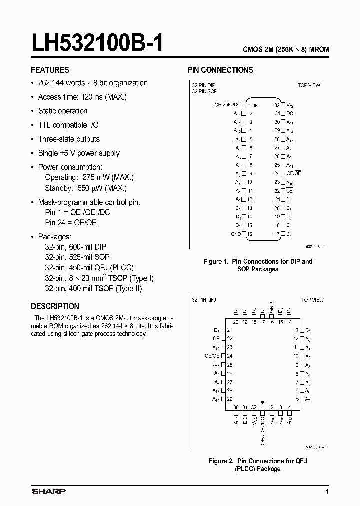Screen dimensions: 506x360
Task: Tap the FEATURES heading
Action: [x=50, y=70]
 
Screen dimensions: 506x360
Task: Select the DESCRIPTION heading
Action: [x=55, y=306]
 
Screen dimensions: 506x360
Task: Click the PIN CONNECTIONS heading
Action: [x=220, y=70]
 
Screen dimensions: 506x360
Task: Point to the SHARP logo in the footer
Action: [x=48, y=492]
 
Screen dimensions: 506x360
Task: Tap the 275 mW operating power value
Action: [x=95, y=177]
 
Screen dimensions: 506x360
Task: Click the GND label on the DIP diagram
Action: [x=236, y=234]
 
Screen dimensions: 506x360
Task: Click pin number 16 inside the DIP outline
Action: [x=249, y=234]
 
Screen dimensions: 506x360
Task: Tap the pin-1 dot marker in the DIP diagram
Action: [x=256, y=105]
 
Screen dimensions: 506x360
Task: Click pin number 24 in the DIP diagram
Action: [x=277, y=174]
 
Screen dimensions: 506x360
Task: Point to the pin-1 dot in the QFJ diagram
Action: [x=262, y=401]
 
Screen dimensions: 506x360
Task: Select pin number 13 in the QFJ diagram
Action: [x=296, y=330]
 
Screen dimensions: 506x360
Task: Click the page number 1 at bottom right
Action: [x=327, y=492]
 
